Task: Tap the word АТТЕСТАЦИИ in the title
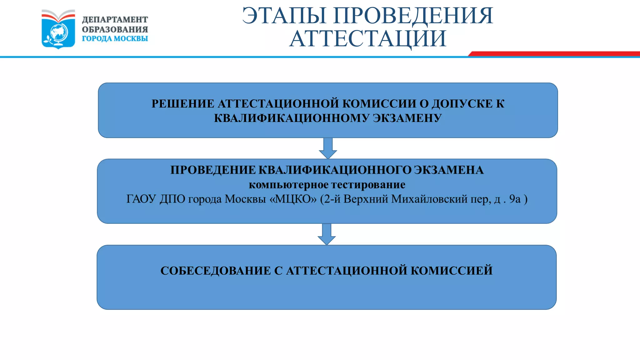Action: tap(368, 39)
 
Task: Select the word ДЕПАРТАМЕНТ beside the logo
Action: tap(115, 20)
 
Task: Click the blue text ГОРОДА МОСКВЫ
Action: tap(115, 39)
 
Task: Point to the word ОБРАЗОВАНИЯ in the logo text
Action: tap(115, 29)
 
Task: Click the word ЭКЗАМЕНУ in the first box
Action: tap(407, 118)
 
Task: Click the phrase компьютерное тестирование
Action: tap(327, 185)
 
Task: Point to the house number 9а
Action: tap(515, 199)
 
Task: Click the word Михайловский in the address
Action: tap(429, 199)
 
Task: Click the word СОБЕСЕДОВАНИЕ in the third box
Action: tap(215, 271)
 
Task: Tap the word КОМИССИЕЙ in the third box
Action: tap(452, 271)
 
